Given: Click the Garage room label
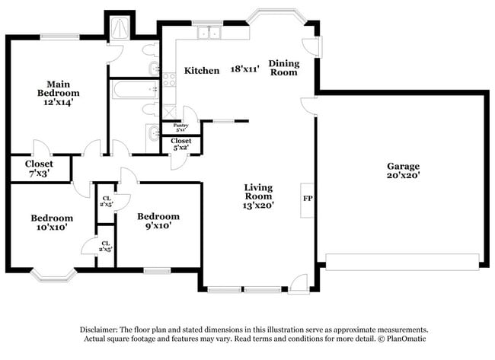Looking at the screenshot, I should click(x=403, y=170).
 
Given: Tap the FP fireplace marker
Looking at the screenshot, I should click(x=308, y=199).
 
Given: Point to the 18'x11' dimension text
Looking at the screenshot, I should click(x=245, y=69).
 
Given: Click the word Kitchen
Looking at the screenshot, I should click(x=202, y=70).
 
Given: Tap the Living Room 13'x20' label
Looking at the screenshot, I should click(x=258, y=196).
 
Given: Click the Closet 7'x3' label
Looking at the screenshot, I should click(x=39, y=168).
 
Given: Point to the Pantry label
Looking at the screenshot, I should click(x=180, y=127).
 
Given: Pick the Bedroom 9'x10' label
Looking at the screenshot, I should click(x=158, y=221).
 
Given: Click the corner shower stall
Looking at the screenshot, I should click(x=118, y=29).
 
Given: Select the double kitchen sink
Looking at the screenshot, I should click(x=206, y=33).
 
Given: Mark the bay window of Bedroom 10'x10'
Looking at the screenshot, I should click(x=53, y=274).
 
